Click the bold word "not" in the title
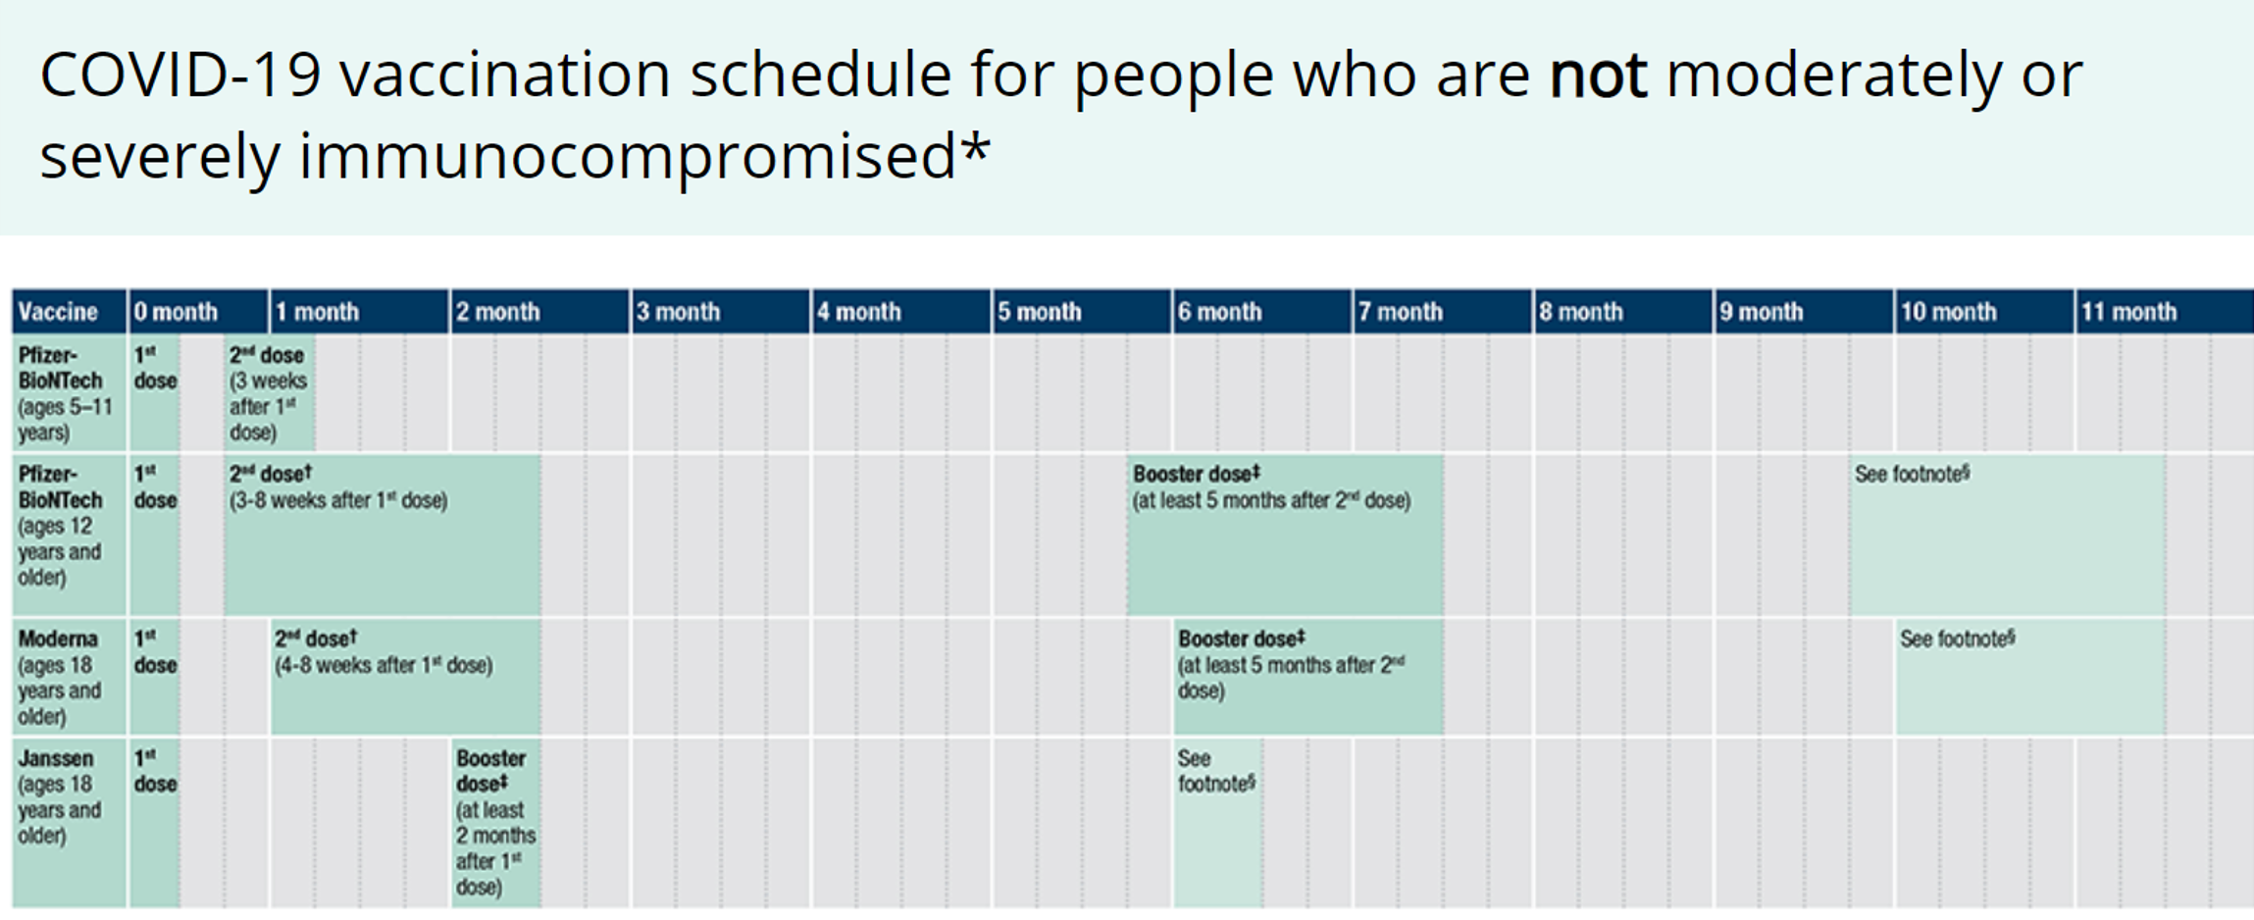(x=1597, y=76)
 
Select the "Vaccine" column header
(x=58, y=312)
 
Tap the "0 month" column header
(x=176, y=312)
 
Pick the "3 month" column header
(x=678, y=312)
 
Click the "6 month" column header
(x=1219, y=312)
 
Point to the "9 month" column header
(x=1761, y=312)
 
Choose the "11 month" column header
(x=2128, y=312)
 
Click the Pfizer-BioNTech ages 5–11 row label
(x=65, y=393)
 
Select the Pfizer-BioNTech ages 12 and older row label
(x=60, y=526)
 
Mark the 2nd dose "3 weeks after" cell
(x=268, y=393)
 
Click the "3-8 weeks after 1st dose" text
(x=338, y=501)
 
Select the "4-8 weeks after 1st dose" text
(x=384, y=666)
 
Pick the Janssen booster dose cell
(x=495, y=822)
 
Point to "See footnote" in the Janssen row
(x=1215, y=771)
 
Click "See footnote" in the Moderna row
(x=1957, y=639)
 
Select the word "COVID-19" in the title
(x=180, y=76)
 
